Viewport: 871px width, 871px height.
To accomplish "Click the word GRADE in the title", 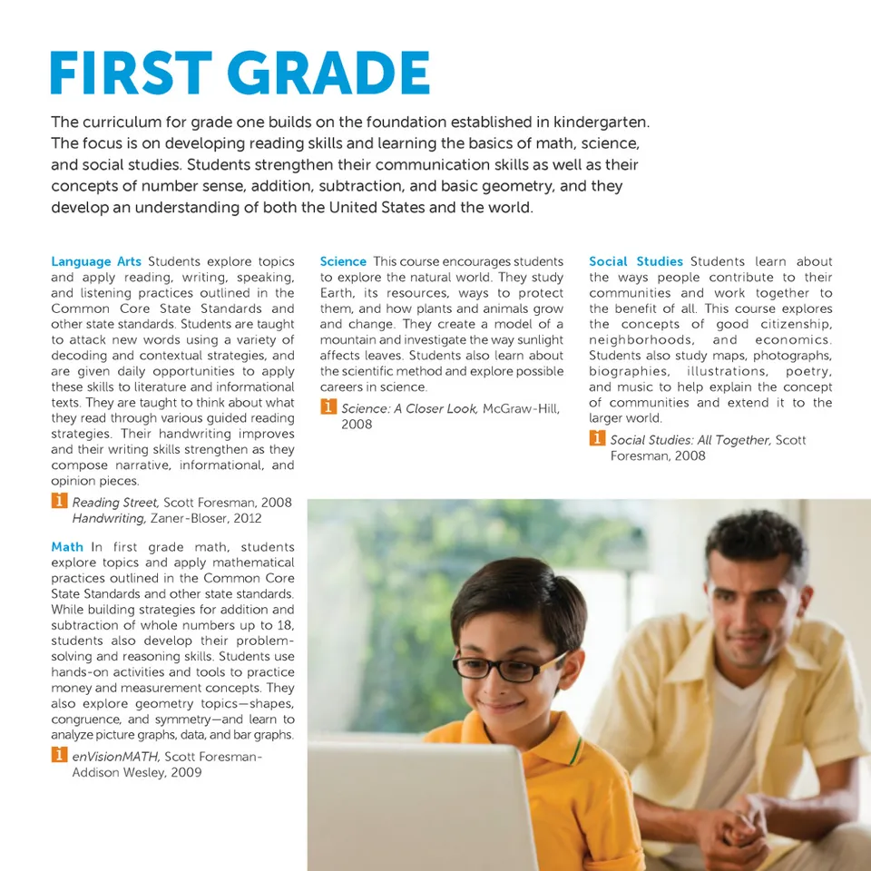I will click(321, 73).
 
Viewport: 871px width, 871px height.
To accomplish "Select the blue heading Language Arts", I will click(95, 261).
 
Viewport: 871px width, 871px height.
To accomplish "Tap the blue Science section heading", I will click(343, 261).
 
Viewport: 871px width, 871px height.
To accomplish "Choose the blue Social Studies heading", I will click(636, 261).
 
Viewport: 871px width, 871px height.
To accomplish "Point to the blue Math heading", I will click(67, 547).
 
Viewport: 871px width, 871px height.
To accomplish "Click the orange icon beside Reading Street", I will click(58, 501).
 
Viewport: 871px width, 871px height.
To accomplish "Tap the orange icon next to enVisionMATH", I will click(58, 755).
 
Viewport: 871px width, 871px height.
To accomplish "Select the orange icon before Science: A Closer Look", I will click(328, 407).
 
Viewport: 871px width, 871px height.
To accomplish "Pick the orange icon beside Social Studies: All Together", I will click(597, 439).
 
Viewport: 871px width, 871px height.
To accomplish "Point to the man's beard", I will click(753, 649).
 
